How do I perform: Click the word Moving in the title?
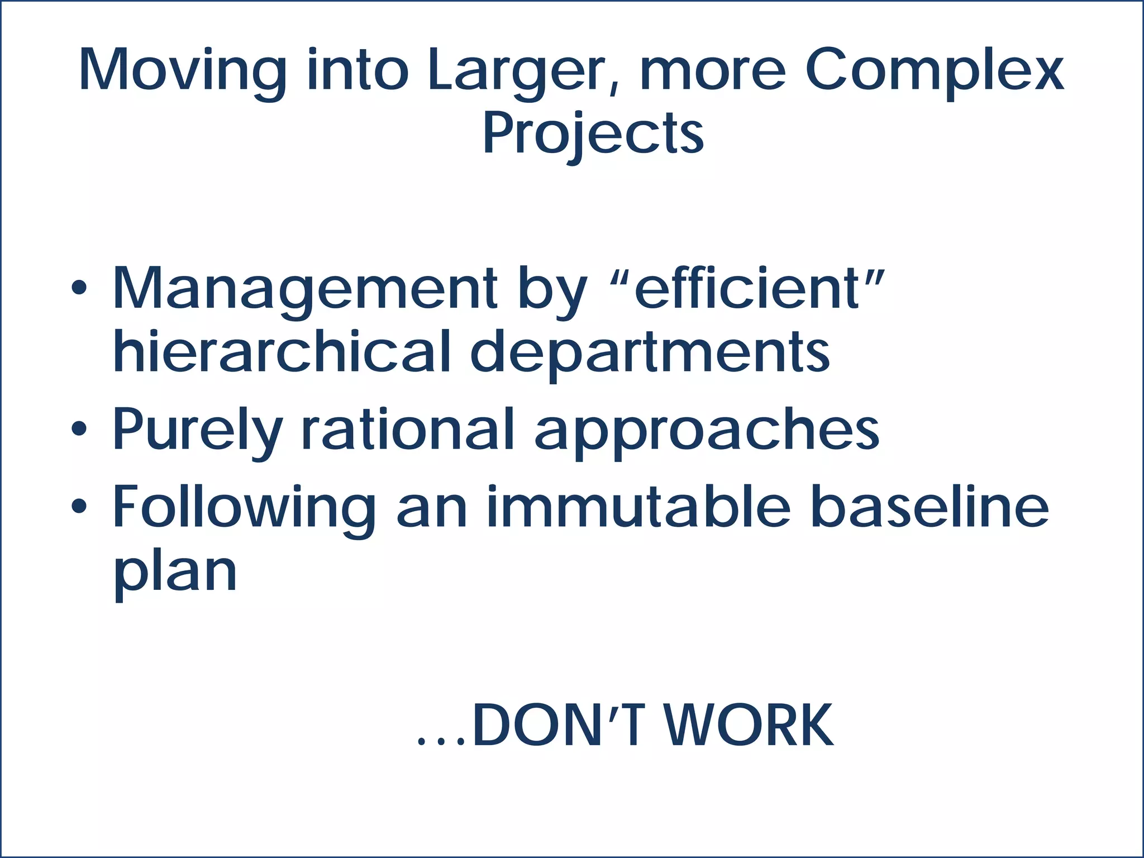coord(182,70)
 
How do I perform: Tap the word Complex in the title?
coord(933,70)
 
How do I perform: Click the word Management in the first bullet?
coord(305,289)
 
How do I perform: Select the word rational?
coord(407,428)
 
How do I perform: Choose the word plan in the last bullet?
coord(175,573)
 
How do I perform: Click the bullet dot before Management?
coord(79,288)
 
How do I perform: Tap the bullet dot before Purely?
coord(79,428)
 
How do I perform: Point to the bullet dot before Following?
coord(79,506)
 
